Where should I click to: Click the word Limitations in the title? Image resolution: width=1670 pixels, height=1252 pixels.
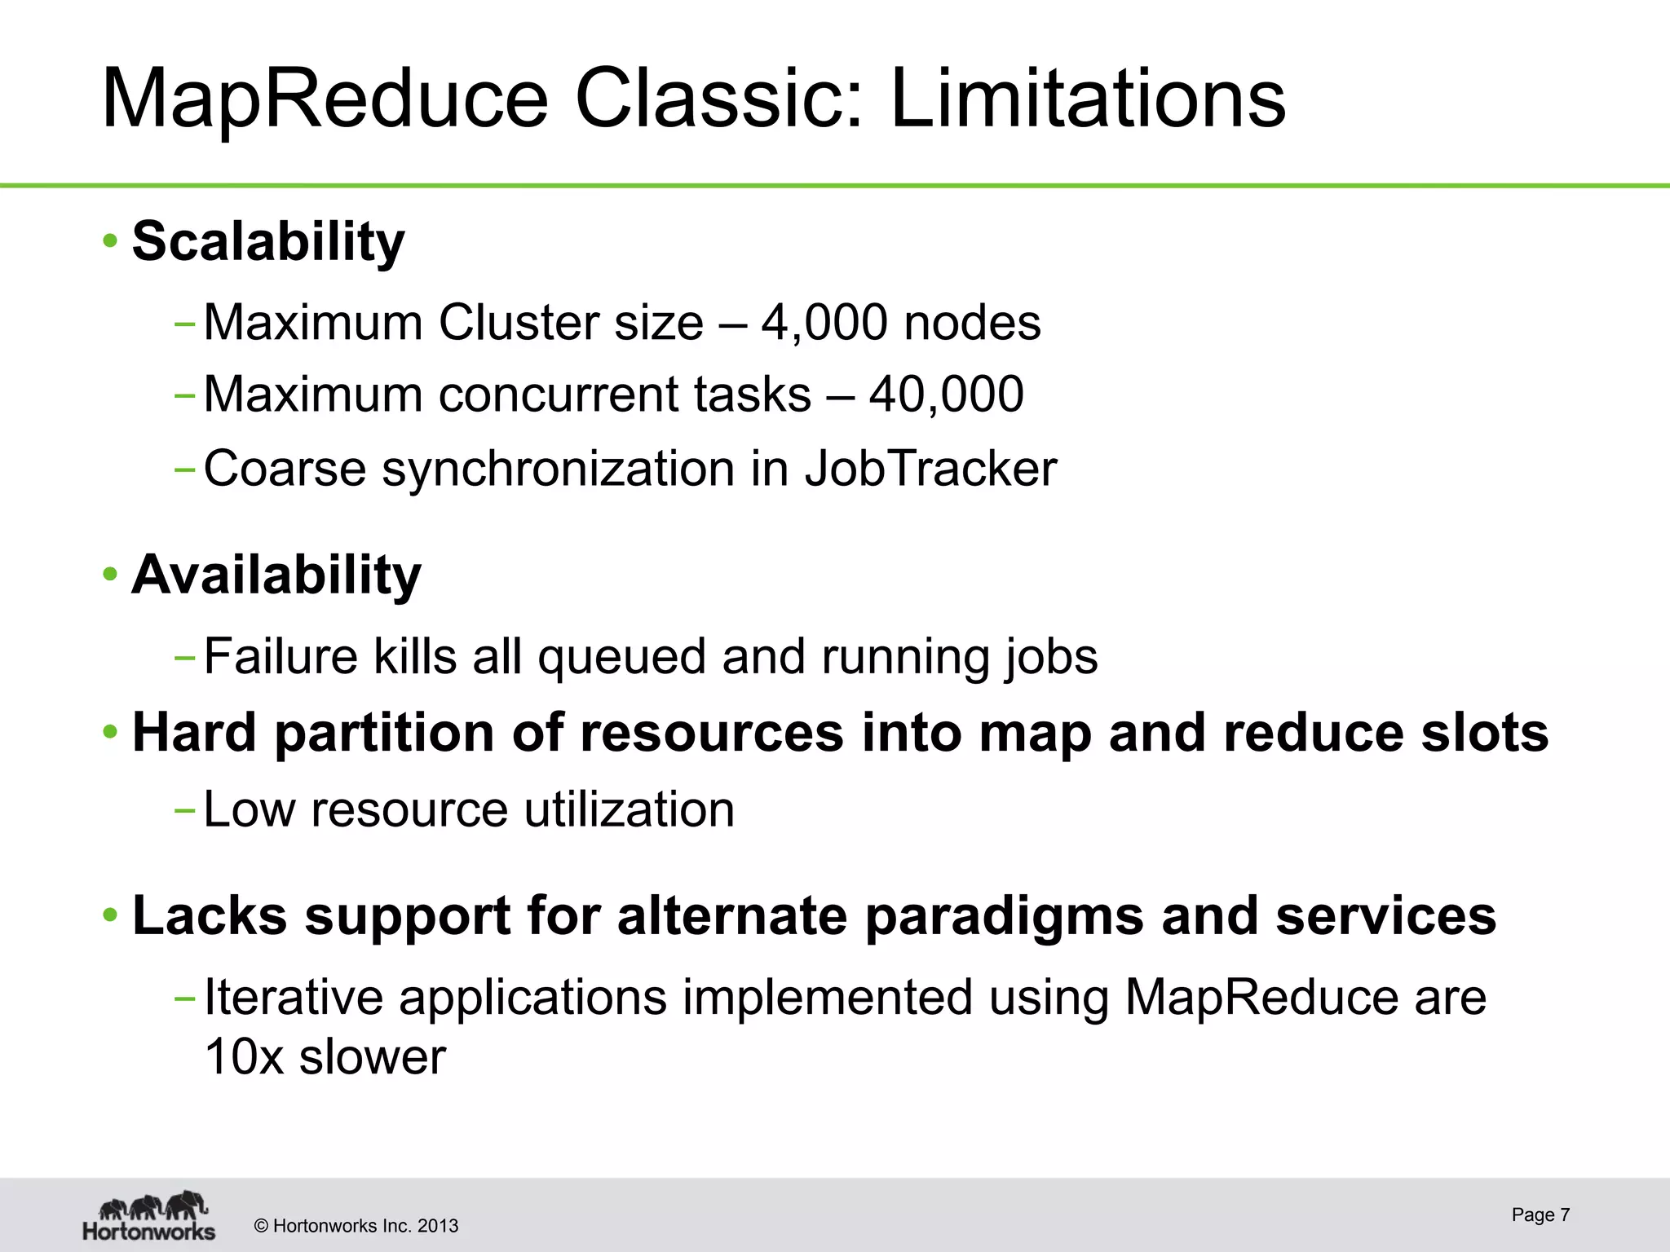[1088, 99]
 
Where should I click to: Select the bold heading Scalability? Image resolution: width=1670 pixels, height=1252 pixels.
[268, 242]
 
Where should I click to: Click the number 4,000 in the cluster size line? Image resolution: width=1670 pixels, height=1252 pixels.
[824, 323]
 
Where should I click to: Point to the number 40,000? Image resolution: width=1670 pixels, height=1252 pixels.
[946, 395]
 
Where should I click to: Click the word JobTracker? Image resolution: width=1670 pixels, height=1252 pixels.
[930, 469]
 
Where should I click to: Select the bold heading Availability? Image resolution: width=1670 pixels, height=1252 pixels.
[276, 575]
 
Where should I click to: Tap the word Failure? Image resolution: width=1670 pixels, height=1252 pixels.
[281, 656]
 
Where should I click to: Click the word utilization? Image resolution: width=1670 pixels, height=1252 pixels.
[629, 809]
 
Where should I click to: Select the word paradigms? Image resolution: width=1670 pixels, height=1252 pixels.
[1004, 916]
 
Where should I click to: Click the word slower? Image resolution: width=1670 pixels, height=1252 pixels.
[373, 1057]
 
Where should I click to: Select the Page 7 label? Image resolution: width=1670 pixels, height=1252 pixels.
[1540, 1215]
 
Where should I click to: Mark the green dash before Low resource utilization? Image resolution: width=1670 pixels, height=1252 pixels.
[184, 810]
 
